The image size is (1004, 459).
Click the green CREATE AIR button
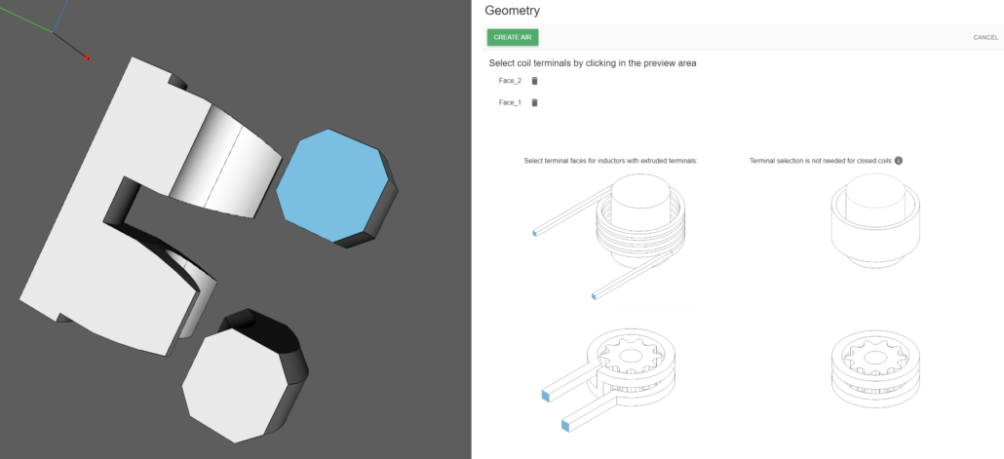click(513, 37)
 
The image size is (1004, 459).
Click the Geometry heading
click(513, 11)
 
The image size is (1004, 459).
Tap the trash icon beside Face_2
click(535, 81)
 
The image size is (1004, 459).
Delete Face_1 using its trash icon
click(535, 102)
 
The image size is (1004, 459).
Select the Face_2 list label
click(510, 81)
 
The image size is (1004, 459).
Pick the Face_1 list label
click(510, 102)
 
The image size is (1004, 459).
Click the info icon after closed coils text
click(899, 161)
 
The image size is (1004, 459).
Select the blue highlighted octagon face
click(331, 186)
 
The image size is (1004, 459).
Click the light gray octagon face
click(233, 385)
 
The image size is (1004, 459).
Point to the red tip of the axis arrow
click(88, 58)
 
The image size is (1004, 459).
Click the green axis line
click(25, 20)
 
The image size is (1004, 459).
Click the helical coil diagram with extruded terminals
click(609, 236)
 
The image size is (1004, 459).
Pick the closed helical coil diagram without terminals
click(875, 221)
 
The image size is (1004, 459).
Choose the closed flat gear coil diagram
click(875, 368)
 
